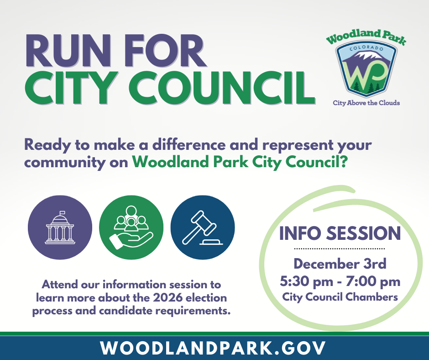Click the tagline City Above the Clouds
coord(366,103)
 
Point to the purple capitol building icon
coord(60,227)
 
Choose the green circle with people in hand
coord(131,227)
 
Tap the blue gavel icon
coord(202,227)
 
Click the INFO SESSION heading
coord(340,233)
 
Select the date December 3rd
coord(340,264)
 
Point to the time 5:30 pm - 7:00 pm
coord(340,281)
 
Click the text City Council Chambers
coord(340,297)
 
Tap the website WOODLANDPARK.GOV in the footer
coord(214,348)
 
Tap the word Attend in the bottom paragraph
coord(59,285)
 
